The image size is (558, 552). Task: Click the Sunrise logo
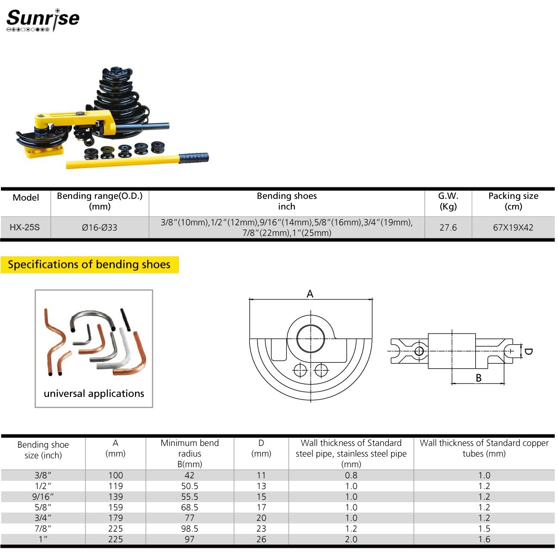(x=43, y=20)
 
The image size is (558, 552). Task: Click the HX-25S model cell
(x=25, y=228)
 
